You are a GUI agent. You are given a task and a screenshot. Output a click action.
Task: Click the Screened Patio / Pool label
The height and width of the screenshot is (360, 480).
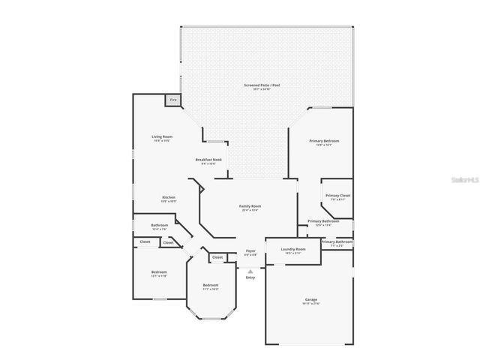pos(262,85)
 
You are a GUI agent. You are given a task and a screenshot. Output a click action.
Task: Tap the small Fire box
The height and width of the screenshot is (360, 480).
pos(172,100)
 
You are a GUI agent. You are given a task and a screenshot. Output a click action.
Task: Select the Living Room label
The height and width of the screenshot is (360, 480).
pos(162,136)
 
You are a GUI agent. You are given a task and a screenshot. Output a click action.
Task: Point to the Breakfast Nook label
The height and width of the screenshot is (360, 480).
pos(208,160)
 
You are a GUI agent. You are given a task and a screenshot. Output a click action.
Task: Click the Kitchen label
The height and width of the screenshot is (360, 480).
pos(169,197)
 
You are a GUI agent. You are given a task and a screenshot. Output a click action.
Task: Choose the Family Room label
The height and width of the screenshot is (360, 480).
pos(250,205)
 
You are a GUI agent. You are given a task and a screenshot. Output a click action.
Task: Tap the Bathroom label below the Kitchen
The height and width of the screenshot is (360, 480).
pos(159,225)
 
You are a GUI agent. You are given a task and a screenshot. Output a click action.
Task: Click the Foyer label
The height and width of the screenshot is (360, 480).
pos(250,250)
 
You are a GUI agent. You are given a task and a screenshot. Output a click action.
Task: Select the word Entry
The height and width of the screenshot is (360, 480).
pos(250,277)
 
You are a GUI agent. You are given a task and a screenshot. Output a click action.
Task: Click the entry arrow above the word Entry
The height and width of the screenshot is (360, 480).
pos(250,271)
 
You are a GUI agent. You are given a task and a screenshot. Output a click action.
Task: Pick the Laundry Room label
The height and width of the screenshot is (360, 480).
pos(293,249)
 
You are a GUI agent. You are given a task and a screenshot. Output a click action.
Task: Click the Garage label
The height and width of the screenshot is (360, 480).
pos(310,299)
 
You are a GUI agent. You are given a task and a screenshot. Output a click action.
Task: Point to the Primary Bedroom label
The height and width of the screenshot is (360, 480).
pos(325,141)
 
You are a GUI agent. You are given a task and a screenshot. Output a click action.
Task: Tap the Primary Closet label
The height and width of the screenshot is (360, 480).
pos(337,196)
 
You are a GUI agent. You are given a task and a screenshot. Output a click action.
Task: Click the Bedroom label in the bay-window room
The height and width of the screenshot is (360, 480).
pos(210,285)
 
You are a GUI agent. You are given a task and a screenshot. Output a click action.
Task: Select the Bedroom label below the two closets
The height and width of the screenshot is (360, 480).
pos(159,271)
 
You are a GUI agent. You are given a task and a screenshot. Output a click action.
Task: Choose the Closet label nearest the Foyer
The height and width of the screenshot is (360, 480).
pos(217,257)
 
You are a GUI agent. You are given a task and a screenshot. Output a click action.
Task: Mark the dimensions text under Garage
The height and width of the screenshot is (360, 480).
pos(310,304)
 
